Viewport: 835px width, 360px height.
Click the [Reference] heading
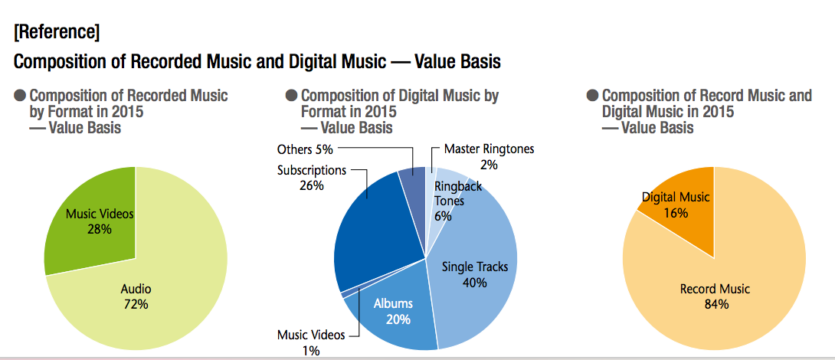pos(56,32)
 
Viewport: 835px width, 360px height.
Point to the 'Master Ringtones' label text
pos(489,149)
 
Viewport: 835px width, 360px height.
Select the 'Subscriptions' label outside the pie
pos(312,170)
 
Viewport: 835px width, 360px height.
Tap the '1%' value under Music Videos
pos(310,350)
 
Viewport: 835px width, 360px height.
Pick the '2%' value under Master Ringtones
pos(489,164)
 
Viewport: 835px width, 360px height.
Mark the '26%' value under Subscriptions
pos(312,185)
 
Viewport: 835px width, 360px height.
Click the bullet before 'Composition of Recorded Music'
pos(20,97)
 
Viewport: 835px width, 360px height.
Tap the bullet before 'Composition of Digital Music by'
pos(291,97)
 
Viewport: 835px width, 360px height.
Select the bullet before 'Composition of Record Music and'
pos(592,97)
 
